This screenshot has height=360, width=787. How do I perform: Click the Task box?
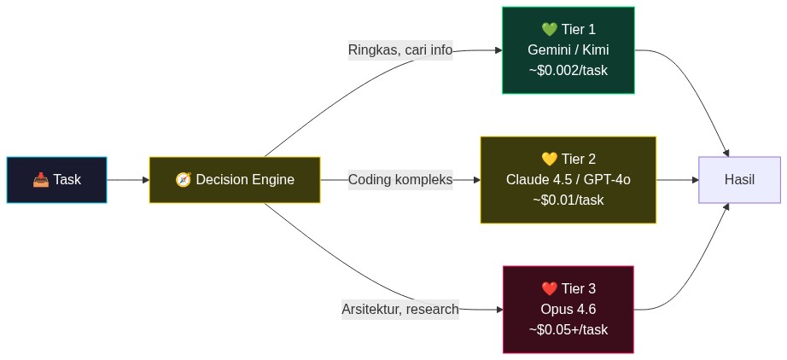[x=56, y=180]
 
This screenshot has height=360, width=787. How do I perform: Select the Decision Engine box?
[x=235, y=180]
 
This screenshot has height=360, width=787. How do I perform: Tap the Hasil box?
[x=739, y=180]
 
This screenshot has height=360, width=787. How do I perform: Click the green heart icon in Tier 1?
[x=548, y=30]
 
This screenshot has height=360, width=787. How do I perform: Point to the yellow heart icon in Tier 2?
[x=549, y=160]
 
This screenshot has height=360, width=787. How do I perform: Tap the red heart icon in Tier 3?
[x=549, y=288]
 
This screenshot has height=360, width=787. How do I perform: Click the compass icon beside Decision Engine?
[x=183, y=180]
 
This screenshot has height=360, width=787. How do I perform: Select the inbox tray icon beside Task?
[x=41, y=180]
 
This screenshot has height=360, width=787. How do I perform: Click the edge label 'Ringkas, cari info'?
[x=400, y=50]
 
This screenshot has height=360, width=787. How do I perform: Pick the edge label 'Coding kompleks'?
[x=400, y=180]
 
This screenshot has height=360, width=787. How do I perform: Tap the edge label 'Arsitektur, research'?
[x=400, y=309]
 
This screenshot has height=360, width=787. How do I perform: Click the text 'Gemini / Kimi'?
[x=568, y=50]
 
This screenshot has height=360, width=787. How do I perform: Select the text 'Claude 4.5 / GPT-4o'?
[x=568, y=180]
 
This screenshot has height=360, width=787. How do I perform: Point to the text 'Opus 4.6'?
[x=568, y=309]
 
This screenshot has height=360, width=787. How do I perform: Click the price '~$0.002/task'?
[x=568, y=71]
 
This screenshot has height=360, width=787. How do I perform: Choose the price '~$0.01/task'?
[x=568, y=200]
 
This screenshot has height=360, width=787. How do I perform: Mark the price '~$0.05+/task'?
[x=568, y=329]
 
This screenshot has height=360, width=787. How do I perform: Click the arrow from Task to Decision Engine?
[x=128, y=180]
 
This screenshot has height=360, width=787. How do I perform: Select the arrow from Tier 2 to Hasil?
[x=678, y=180]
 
